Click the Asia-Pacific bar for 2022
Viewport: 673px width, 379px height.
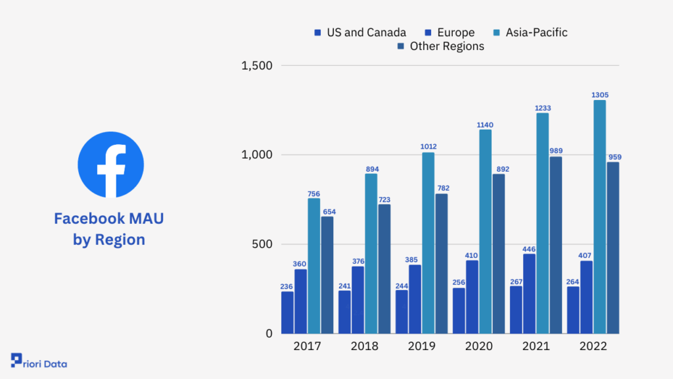(599, 216)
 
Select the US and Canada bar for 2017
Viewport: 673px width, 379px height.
(288, 313)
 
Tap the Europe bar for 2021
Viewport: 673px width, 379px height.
(529, 293)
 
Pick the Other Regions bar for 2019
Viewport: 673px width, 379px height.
(441, 263)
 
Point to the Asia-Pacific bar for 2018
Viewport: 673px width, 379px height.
(371, 253)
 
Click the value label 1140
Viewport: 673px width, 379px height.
(485, 125)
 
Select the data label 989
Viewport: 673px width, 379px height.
(556, 151)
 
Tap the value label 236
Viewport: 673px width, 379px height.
(287, 287)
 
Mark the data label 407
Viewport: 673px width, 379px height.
(584, 256)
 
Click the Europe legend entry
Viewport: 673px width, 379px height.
(450, 32)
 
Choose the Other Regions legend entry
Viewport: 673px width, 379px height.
(441, 46)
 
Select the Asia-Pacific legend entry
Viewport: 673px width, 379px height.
(530, 32)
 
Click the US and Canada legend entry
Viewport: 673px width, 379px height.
(360, 32)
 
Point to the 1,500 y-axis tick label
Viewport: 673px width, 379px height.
(257, 66)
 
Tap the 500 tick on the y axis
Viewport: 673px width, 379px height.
(262, 244)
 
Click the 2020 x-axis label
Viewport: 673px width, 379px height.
(479, 346)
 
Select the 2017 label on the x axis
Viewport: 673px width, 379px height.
(308, 346)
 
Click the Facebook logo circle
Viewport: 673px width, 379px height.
(110, 164)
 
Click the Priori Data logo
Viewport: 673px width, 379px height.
(39, 361)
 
